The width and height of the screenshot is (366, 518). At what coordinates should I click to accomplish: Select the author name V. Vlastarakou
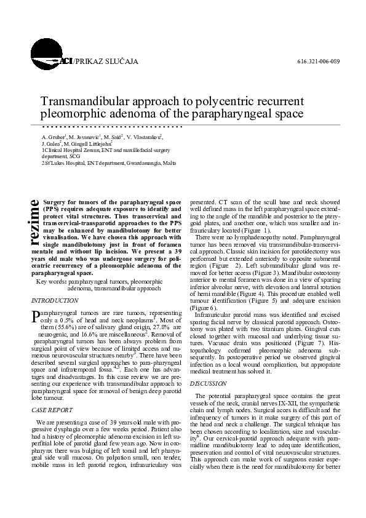point(144,135)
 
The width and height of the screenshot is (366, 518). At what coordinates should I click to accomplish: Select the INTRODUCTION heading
point(55,300)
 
